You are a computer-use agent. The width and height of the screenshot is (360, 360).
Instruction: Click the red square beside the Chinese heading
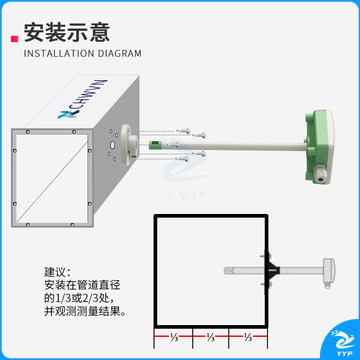pos(14,39)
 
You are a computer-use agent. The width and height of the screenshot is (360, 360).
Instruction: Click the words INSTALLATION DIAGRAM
pos(83,53)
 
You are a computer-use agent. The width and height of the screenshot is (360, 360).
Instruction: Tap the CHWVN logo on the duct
pos(82,99)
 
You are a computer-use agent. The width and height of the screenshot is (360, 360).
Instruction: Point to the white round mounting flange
pos(128,144)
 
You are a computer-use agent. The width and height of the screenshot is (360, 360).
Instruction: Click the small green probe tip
pos(154,144)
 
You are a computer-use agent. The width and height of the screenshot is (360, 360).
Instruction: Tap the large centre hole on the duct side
pos(112,145)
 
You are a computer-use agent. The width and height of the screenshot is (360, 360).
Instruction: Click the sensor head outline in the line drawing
pos(327,272)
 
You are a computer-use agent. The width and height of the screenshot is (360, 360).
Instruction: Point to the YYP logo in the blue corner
pos(343,343)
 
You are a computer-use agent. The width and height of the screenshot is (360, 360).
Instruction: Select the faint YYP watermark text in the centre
pos(184,196)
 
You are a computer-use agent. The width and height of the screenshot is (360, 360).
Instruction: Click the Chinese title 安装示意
pos(67,32)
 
